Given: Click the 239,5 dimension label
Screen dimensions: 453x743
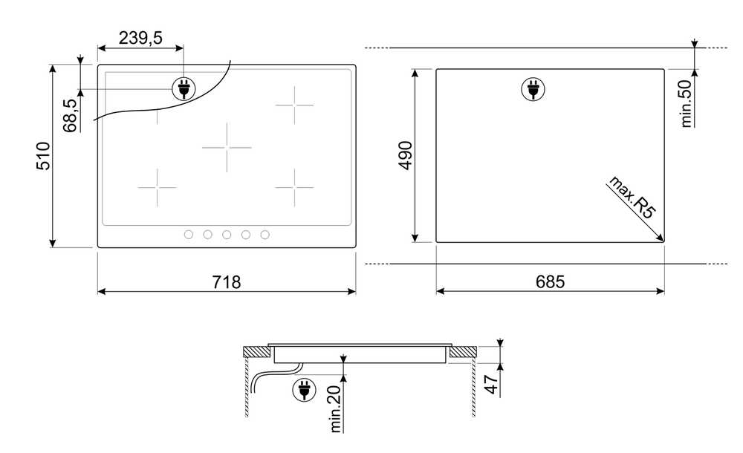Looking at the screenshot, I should click(x=140, y=38).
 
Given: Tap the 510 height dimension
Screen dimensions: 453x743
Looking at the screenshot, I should click(x=44, y=156).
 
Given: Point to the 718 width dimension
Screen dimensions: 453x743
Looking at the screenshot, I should click(x=227, y=282).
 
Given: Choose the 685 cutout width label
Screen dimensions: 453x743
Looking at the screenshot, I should click(x=550, y=282).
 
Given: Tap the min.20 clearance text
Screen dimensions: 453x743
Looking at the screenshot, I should click(x=335, y=408).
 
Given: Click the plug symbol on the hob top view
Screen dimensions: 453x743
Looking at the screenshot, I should click(x=182, y=89).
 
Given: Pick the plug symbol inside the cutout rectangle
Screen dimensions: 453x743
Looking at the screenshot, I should click(x=532, y=89).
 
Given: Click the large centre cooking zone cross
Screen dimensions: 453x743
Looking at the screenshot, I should click(x=227, y=147).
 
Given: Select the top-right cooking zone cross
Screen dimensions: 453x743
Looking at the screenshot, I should click(x=294, y=105).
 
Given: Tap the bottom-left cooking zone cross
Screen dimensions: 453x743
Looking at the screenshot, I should click(x=157, y=187).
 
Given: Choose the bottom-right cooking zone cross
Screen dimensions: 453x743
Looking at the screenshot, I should click(x=294, y=187).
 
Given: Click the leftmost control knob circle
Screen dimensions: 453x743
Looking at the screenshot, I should click(x=189, y=235).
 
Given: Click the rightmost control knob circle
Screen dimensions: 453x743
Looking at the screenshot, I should click(x=265, y=235).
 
